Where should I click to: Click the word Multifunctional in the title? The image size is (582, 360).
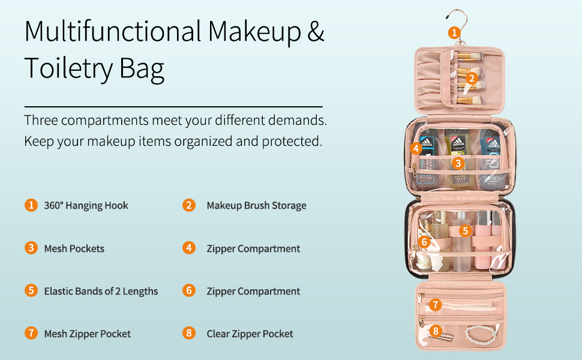pyautogui.click(x=113, y=32)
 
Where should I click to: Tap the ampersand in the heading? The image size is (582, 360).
pyautogui.click(x=316, y=32)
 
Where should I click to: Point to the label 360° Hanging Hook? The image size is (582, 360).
pyautogui.click(x=86, y=205)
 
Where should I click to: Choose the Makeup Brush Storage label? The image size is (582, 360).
pyautogui.click(x=256, y=205)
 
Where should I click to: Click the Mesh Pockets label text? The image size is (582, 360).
pyautogui.click(x=74, y=248)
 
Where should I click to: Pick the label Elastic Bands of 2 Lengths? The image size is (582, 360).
pyautogui.click(x=101, y=291)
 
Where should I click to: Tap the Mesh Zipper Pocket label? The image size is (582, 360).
pyautogui.click(x=87, y=334)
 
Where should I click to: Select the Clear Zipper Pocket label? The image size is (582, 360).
pyautogui.click(x=250, y=334)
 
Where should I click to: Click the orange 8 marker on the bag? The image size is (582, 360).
pyautogui.click(x=436, y=330)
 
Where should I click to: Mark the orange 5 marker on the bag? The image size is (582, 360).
pyautogui.click(x=465, y=230)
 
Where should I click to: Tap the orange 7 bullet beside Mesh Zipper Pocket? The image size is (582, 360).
pyautogui.click(x=31, y=334)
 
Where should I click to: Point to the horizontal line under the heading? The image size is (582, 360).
pyautogui.click(x=173, y=106)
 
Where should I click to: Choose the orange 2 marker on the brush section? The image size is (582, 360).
pyautogui.click(x=472, y=77)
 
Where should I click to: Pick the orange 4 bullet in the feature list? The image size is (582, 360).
pyautogui.click(x=189, y=248)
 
